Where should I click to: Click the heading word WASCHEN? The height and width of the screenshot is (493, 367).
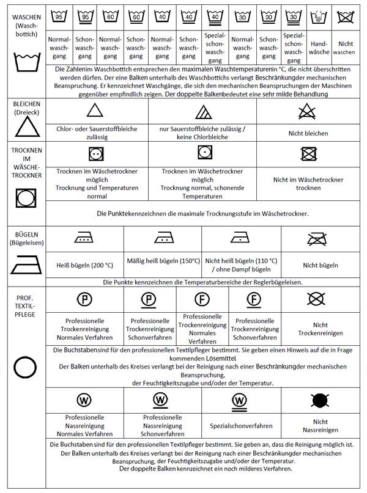[23, 16]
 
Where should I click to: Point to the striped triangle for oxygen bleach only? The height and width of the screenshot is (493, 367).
[203, 112]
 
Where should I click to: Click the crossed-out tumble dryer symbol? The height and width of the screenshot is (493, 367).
[308, 152]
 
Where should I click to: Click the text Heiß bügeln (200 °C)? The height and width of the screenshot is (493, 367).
[84, 265]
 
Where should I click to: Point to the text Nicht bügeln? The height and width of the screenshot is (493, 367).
[321, 265]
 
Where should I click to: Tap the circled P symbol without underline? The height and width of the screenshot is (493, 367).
[84, 299]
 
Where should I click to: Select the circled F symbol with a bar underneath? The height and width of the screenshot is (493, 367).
[254, 299]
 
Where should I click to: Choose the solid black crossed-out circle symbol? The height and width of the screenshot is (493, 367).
[320, 400]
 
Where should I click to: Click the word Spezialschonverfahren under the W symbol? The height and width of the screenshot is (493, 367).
[239, 426]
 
